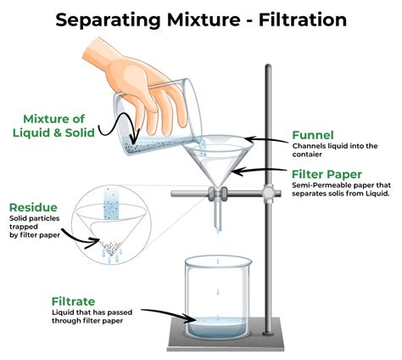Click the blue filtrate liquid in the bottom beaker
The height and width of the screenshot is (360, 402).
[218, 325]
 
